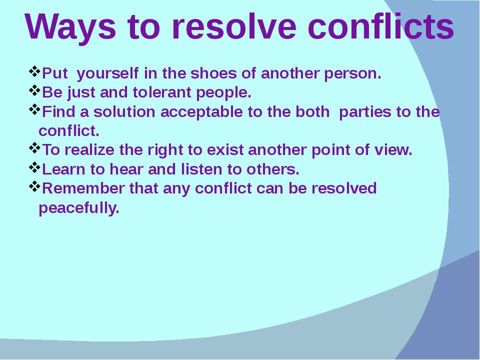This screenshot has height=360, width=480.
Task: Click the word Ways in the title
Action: (x=70, y=27)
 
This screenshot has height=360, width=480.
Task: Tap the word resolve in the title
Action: (x=234, y=26)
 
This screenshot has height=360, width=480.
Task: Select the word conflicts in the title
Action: (x=381, y=26)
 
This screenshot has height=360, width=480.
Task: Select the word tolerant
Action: (x=162, y=92)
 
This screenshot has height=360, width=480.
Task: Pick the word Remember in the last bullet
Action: (x=83, y=188)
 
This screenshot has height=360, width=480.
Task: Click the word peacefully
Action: (x=79, y=208)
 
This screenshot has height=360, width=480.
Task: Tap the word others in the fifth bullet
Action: (x=273, y=169)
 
